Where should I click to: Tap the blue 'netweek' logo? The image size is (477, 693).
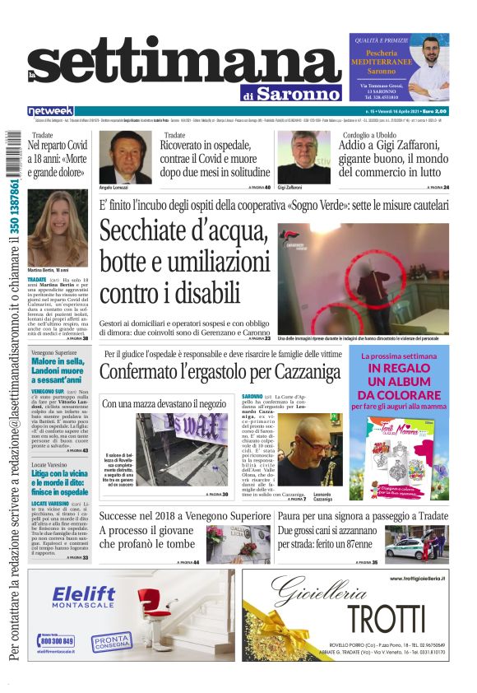point(50,111)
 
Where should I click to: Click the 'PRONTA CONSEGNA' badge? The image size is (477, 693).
point(110,640)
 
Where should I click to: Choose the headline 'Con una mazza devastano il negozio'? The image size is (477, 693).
point(163,404)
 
